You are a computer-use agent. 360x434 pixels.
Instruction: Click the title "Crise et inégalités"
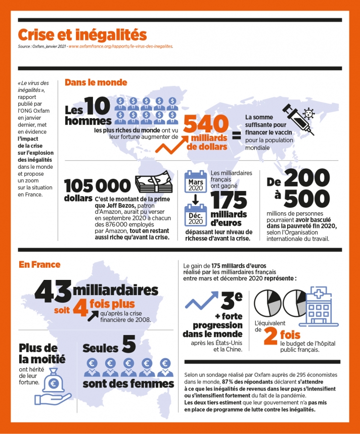(82, 35)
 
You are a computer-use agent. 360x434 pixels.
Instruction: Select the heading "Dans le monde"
(96, 82)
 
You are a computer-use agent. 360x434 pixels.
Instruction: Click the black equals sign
(236, 135)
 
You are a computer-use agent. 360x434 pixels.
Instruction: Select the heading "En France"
(39, 264)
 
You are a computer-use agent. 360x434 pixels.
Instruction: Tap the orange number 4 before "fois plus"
(81, 308)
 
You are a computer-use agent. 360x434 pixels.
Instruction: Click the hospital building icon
(318, 305)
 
